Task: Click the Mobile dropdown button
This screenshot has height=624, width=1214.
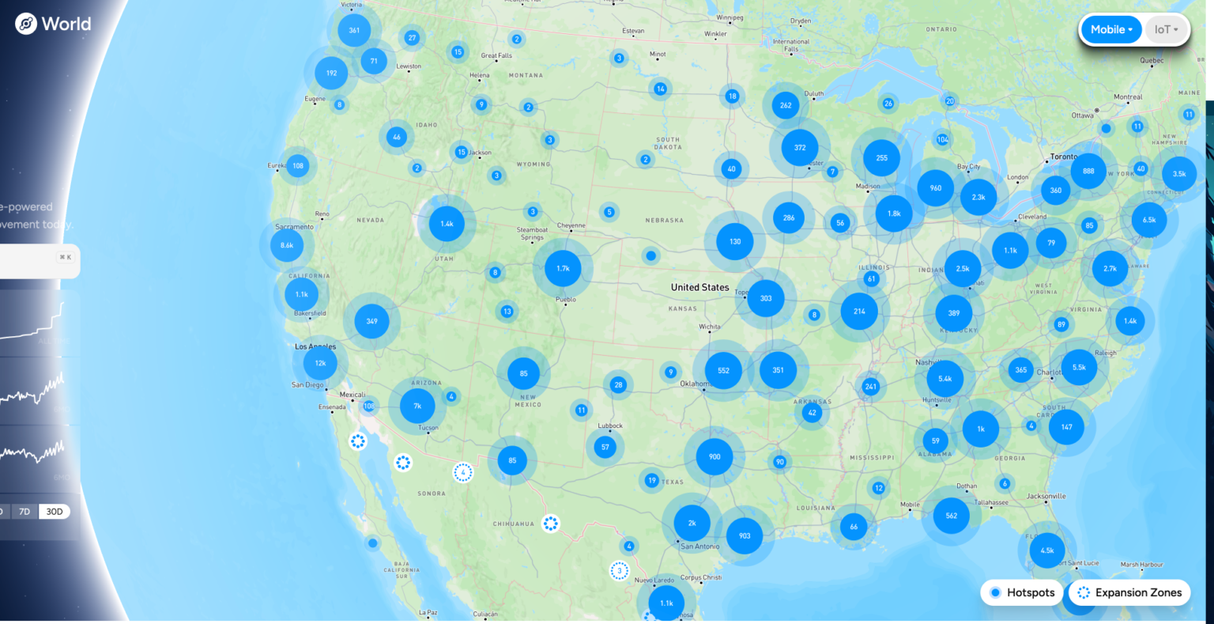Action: click(x=1111, y=30)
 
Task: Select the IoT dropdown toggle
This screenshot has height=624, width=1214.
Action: click(x=1166, y=30)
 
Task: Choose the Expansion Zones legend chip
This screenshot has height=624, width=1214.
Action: click(x=1129, y=592)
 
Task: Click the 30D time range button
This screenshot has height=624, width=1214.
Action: click(x=55, y=512)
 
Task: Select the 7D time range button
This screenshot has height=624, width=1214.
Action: click(x=25, y=512)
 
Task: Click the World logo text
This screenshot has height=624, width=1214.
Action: click(x=66, y=24)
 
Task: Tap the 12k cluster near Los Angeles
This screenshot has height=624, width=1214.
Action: click(x=320, y=364)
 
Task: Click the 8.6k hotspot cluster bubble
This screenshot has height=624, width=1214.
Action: click(x=287, y=245)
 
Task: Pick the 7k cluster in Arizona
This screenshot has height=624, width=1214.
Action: click(x=417, y=406)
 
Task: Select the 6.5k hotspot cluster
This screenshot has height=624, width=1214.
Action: click(x=1149, y=220)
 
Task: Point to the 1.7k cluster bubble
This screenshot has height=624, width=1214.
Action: click(x=563, y=269)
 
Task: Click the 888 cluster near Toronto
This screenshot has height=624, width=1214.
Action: click(x=1088, y=171)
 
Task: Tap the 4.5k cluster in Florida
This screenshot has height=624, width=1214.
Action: click(x=1047, y=550)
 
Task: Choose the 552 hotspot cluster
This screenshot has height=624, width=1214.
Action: click(x=723, y=370)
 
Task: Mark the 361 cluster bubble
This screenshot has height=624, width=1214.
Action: click(x=354, y=31)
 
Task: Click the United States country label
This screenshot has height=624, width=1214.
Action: click(x=699, y=287)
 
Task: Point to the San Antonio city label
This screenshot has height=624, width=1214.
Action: click(x=699, y=546)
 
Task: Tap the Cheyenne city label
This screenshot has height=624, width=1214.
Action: click(x=571, y=225)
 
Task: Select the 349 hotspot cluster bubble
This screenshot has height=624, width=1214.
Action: click(x=371, y=321)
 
